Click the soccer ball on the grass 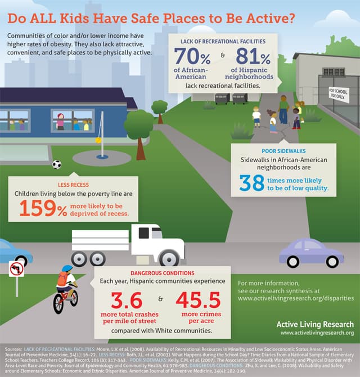tap(57, 164)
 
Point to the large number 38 tap(251, 183)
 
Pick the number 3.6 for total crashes tap(127, 300)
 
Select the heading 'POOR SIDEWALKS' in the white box tap(283, 151)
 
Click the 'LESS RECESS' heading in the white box tap(73, 184)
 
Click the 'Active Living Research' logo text tap(315, 324)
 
